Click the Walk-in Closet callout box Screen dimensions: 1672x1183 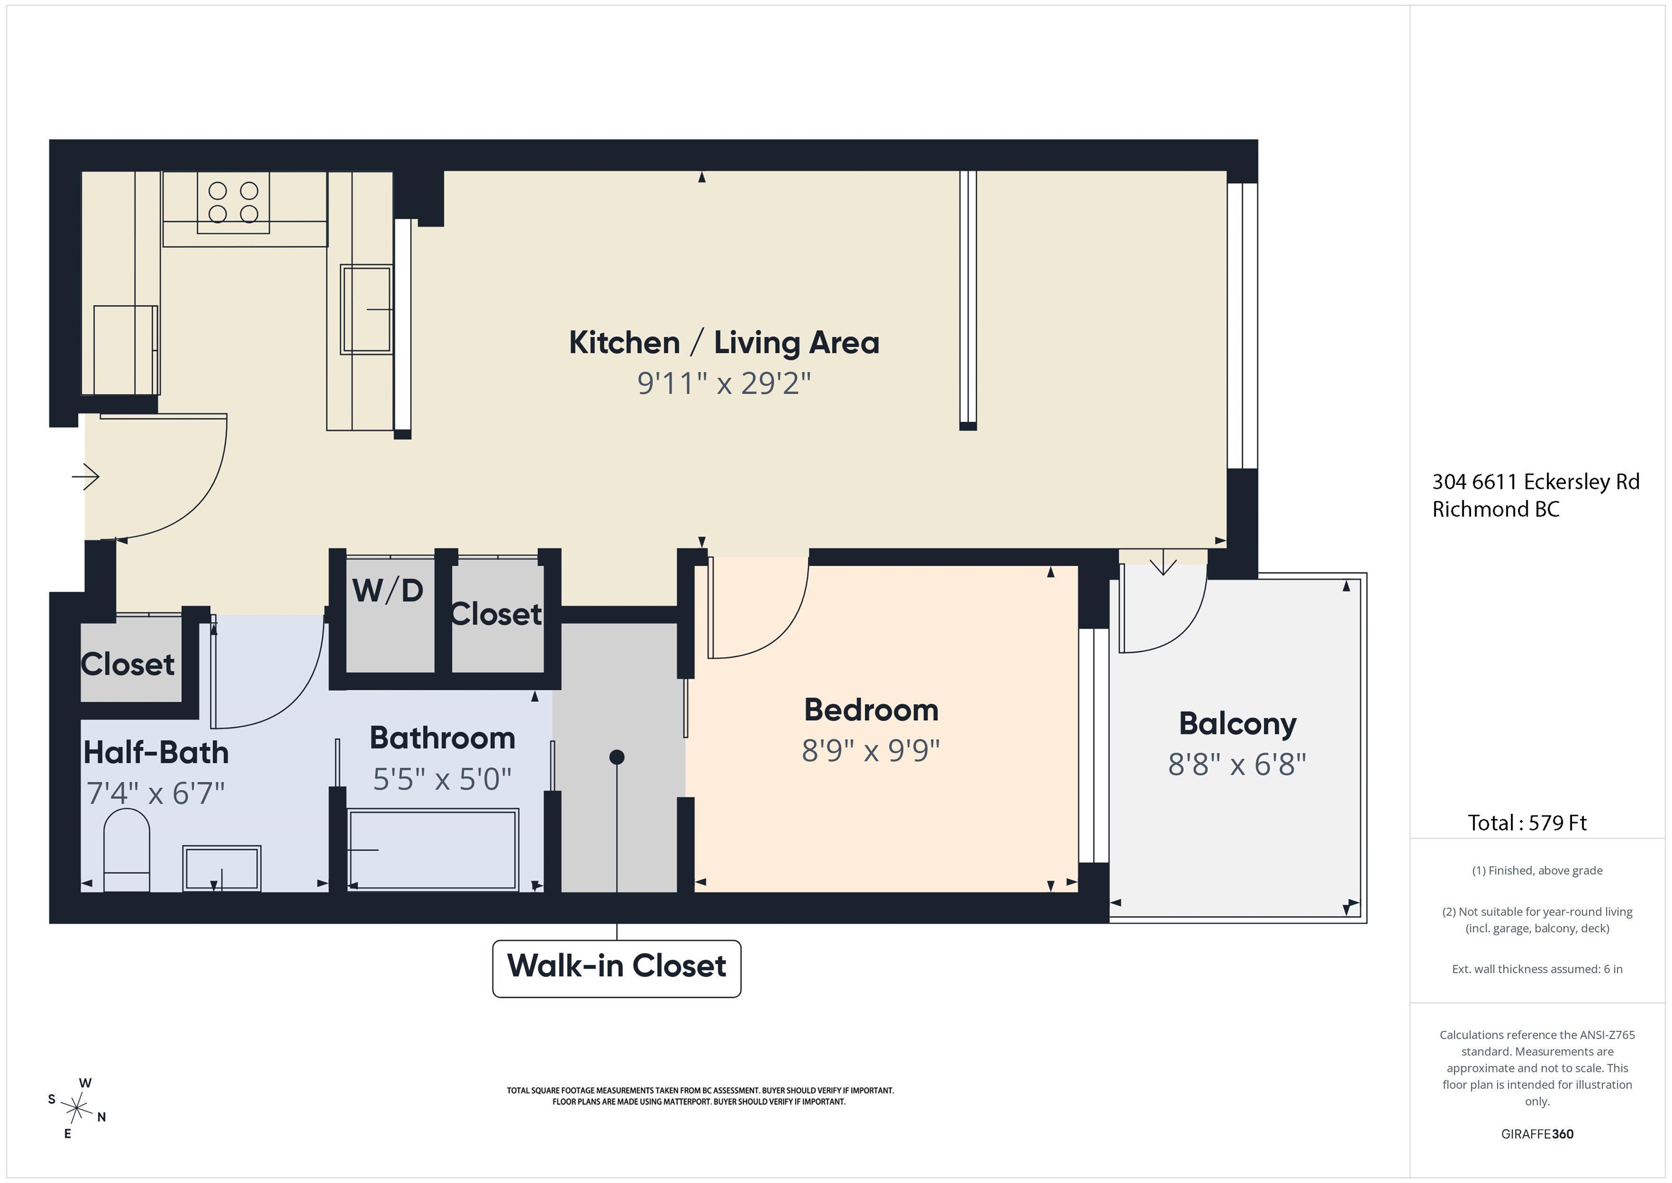(617, 968)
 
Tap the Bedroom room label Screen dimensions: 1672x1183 (871, 709)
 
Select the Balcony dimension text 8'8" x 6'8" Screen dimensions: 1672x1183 (1237, 764)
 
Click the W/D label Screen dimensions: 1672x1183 (388, 590)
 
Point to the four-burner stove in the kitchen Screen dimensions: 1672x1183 (233, 203)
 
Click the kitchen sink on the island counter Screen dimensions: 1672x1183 (366, 310)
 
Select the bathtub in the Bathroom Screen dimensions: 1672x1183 (433, 849)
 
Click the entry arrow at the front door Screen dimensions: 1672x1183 (85, 477)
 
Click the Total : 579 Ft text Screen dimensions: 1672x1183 (1527, 823)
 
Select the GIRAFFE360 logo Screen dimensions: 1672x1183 (1537, 1134)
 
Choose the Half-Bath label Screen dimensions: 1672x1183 (156, 752)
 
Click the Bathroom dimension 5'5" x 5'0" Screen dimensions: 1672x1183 (442, 779)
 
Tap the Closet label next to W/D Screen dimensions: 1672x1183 (496, 614)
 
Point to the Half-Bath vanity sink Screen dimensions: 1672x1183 (222, 868)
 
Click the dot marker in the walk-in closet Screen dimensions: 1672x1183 (617, 757)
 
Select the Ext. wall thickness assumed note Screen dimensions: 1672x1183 (1536, 969)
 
